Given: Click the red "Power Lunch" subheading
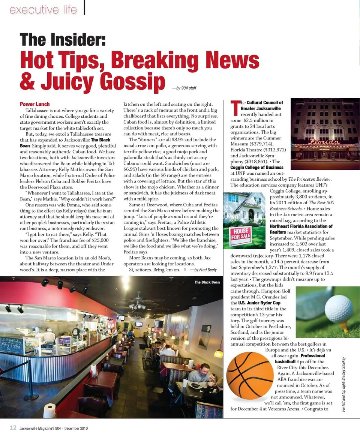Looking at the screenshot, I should [x=34, y=104].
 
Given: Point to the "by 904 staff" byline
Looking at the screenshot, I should [x=184, y=88].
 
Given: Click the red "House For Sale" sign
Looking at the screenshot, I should [x=240, y=236].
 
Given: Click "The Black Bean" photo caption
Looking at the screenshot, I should [x=207, y=282].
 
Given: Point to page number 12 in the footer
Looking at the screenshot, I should [x=13, y=428].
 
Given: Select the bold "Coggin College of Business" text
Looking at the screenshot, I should [x=257, y=168].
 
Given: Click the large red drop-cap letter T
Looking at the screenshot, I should [x=235, y=108].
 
